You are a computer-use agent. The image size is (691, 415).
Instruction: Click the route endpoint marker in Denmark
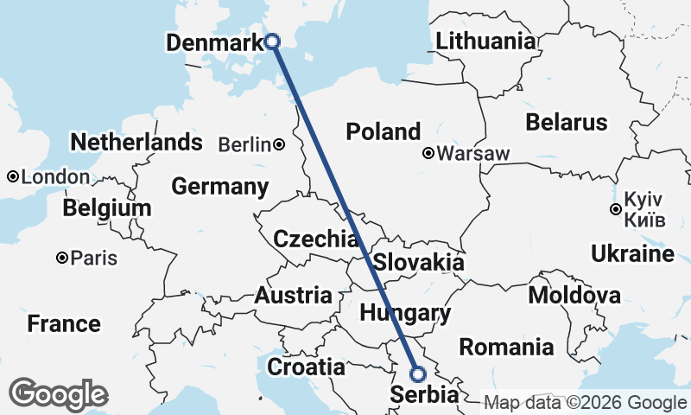pos(272,41)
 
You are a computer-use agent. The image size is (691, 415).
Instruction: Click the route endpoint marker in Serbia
pos(418,374)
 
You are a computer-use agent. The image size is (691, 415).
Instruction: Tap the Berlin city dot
pos(279,144)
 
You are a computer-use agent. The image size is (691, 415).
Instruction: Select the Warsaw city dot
pos(428,154)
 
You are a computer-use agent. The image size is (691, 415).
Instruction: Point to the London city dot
pos(13,176)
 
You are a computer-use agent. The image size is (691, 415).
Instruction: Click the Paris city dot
pos(62,258)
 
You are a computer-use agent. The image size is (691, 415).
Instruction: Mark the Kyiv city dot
pos(615,209)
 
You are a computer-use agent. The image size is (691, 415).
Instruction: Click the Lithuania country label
pos(485,41)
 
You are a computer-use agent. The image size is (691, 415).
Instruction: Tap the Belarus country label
pos(567,121)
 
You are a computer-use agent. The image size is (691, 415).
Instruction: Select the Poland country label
pos(383,131)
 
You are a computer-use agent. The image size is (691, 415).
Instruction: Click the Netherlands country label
pos(137,142)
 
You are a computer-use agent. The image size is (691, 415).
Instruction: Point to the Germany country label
pos(219,186)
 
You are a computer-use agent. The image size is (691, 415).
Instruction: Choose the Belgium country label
pos(107,208)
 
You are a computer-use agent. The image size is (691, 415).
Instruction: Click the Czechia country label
pos(315,239)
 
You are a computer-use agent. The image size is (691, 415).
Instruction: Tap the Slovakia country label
pos(419,262)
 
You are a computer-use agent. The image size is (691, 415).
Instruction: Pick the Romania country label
pos(506,348)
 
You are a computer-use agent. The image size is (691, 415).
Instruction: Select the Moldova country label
pos(574,295)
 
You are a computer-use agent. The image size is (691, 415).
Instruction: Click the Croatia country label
pos(306,367)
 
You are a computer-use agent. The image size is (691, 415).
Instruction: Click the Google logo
pos(58,394)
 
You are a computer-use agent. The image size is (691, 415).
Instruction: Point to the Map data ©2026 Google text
pos(584,403)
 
